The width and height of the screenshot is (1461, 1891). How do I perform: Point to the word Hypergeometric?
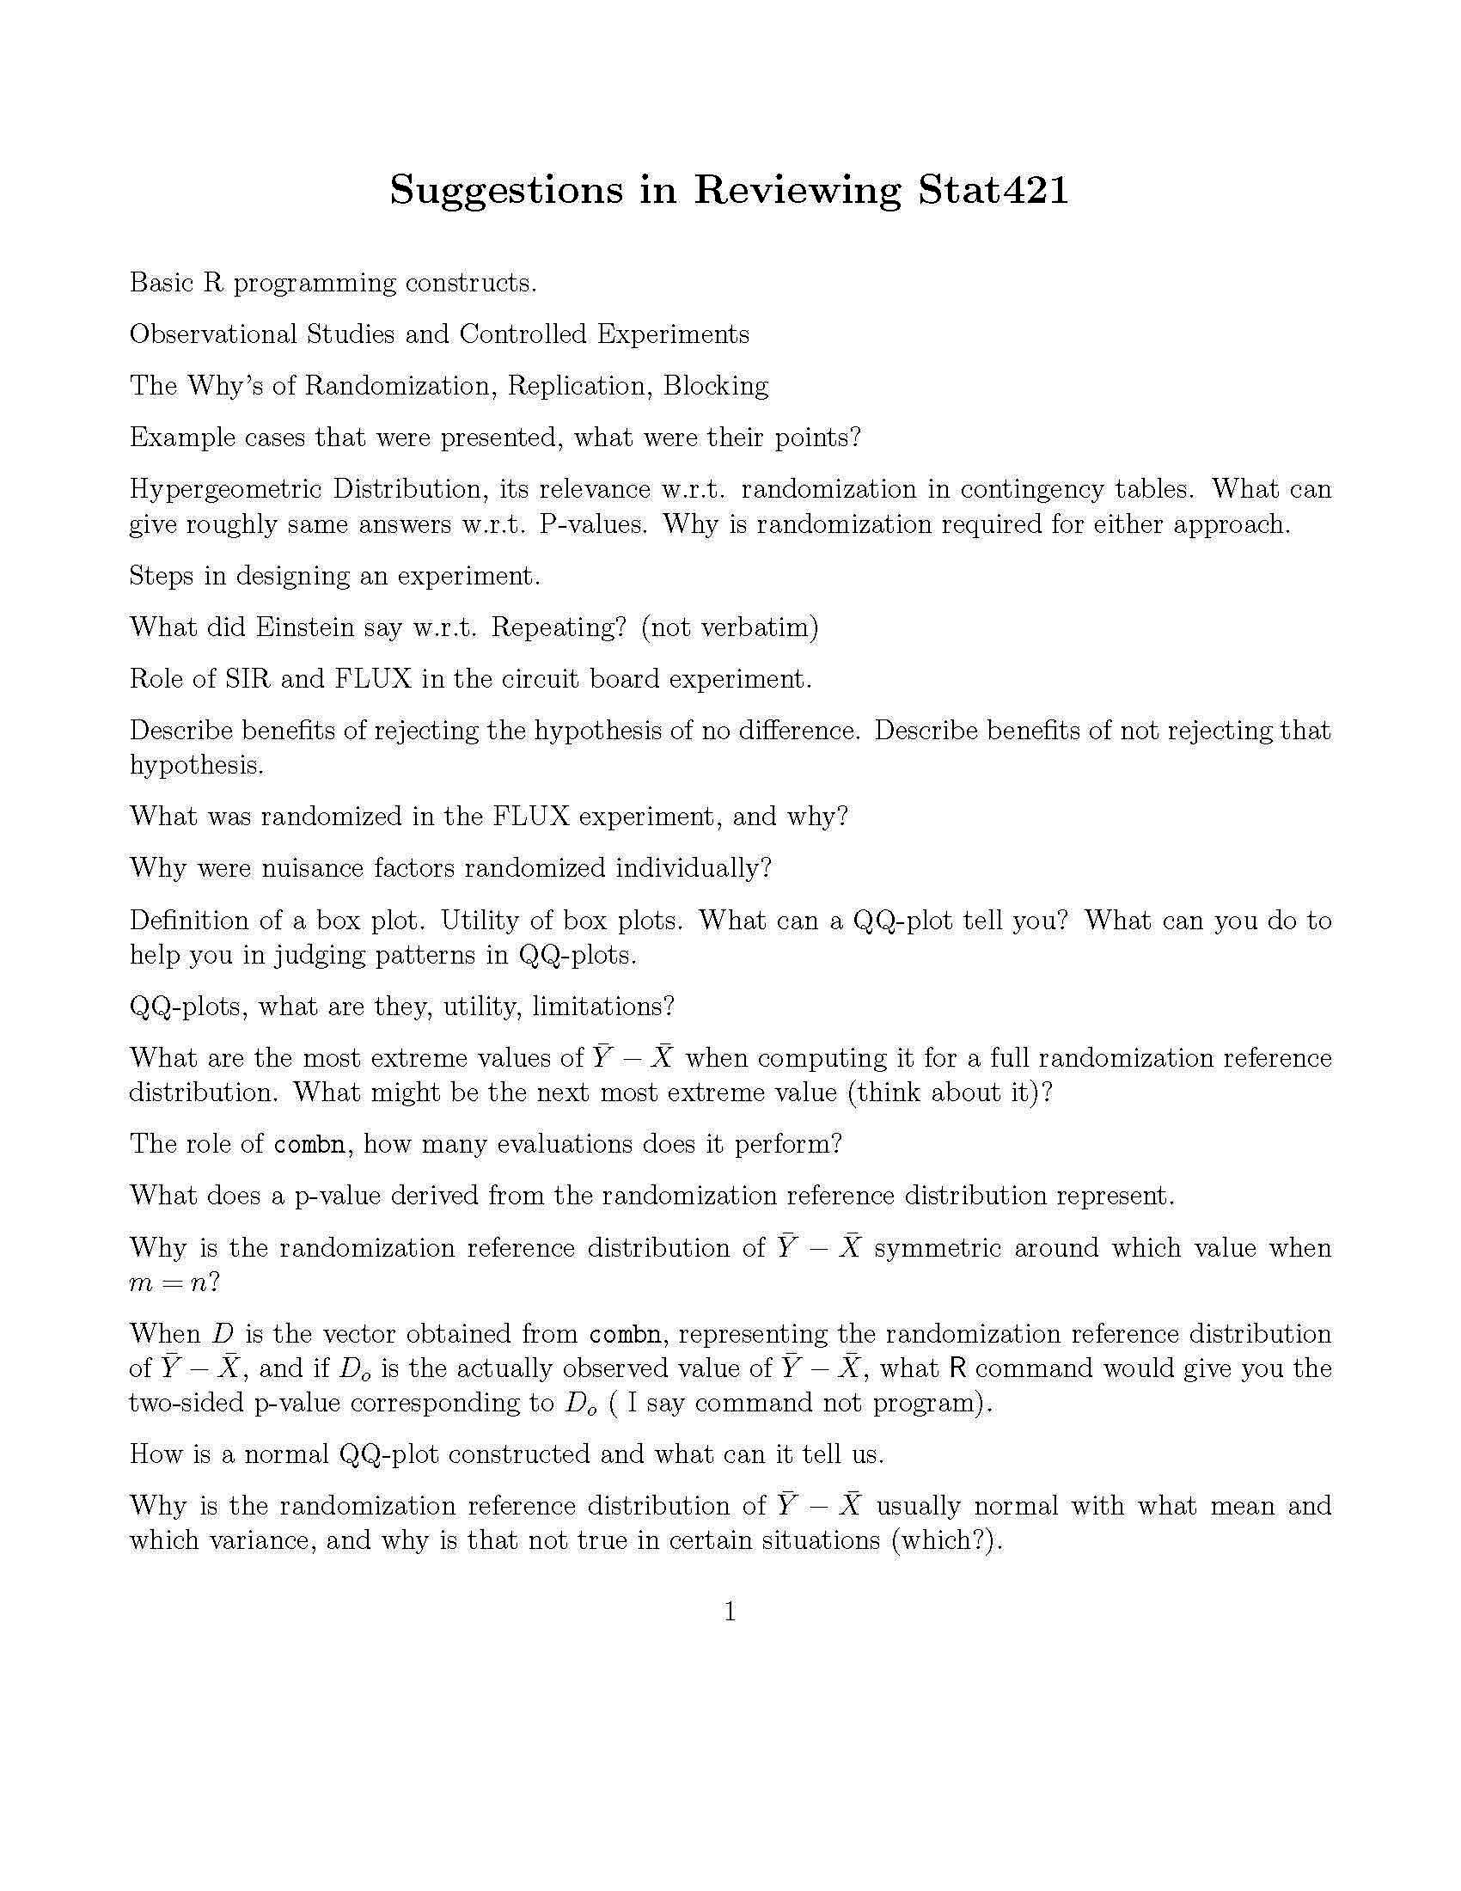tap(223, 490)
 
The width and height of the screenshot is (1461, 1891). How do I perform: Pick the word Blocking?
tap(716, 385)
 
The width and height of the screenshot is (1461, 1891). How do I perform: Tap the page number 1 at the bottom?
tap(730, 1612)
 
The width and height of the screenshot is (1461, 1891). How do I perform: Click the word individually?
tap(693, 868)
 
